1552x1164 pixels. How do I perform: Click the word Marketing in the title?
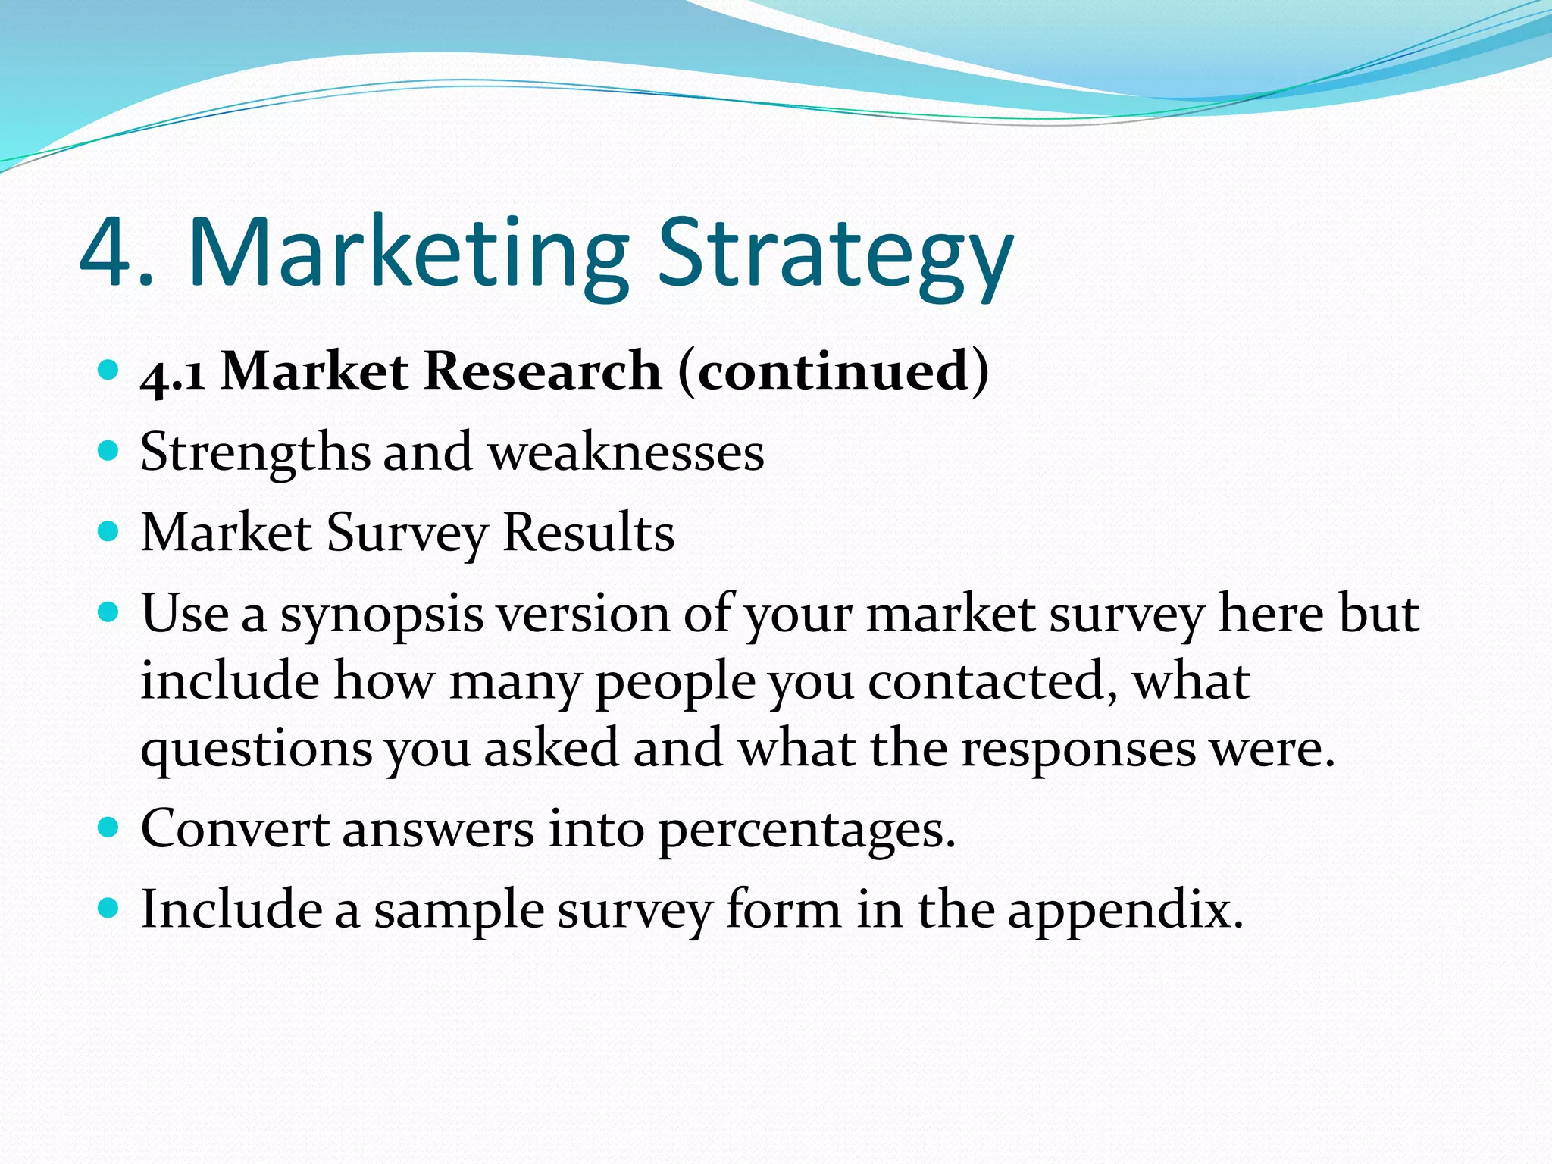coord(409,253)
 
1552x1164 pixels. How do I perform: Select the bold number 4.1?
coord(173,373)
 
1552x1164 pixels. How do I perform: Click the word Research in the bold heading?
coord(543,371)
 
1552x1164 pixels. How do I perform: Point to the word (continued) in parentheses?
coord(834,371)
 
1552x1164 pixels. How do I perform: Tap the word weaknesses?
coord(626,453)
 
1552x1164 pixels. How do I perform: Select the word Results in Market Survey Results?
coord(588,533)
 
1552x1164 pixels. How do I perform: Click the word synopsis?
coord(382,615)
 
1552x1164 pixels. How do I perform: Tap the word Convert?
coord(234,828)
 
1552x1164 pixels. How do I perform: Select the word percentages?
coord(806,831)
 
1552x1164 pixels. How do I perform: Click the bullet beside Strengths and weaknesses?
coord(109,452)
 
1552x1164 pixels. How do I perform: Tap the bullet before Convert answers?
coord(109,827)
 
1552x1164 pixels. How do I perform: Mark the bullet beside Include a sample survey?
coord(109,907)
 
